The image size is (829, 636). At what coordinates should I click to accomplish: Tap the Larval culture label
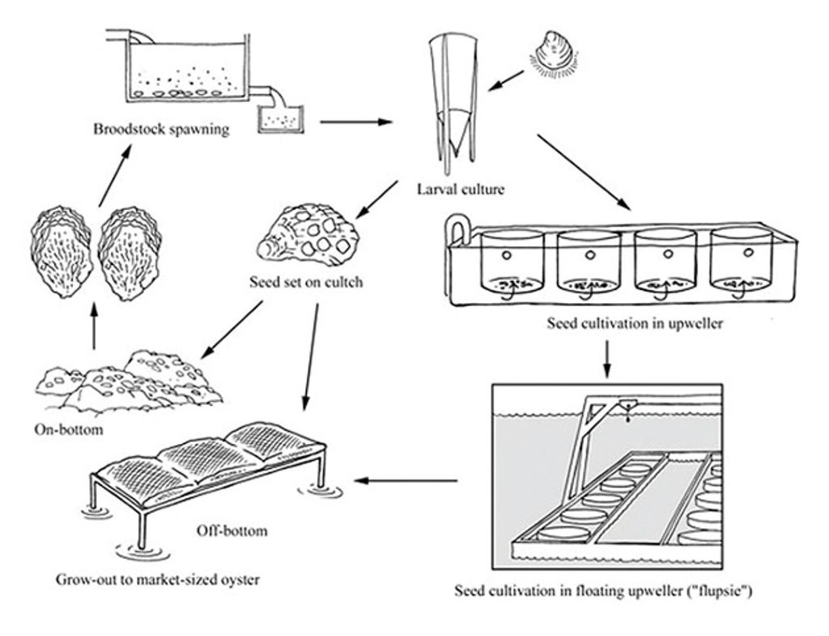click(460, 190)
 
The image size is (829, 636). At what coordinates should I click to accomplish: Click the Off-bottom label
click(232, 531)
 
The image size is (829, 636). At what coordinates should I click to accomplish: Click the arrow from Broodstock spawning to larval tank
click(355, 123)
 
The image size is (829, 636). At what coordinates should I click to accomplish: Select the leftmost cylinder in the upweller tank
click(512, 260)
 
